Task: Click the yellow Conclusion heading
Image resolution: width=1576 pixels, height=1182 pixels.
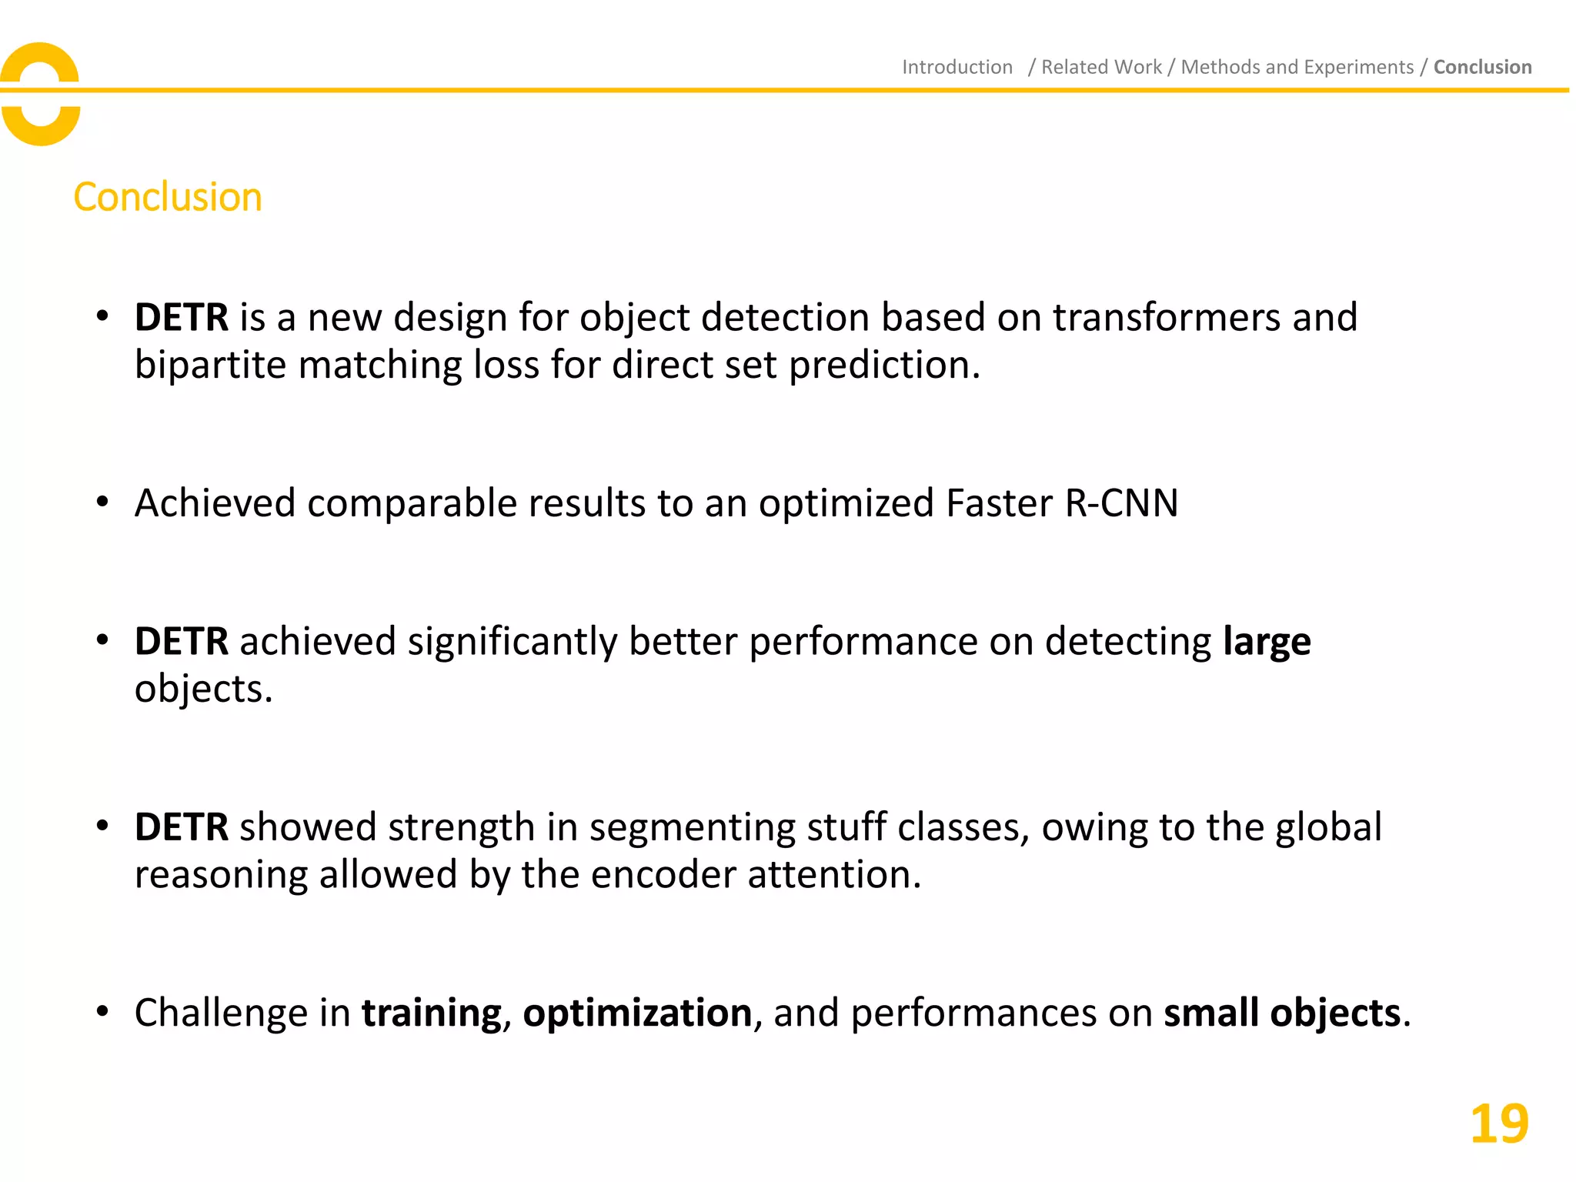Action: pyautogui.click(x=168, y=197)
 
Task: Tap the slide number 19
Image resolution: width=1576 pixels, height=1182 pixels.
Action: pyautogui.click(x=1498, y=1124)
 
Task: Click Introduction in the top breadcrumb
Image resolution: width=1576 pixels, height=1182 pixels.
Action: pyautogui.click(x=957, y=67)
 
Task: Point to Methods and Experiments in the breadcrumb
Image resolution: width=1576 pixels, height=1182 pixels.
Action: pyautogui.click(x=1297, y=67)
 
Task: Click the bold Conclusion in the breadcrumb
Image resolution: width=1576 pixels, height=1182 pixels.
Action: pyautogui.click(x=1482, y=67)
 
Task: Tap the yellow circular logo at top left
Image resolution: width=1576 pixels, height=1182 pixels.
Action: pyautogui.click(x=40, y=94)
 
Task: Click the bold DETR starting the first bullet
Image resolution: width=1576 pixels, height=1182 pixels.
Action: pyautogui.click(x=182, y=317)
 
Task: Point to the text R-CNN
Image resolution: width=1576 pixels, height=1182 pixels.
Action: pyautogui.click(x=1121, y=503)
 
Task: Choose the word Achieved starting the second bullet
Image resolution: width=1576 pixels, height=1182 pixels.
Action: pyautogui.click(x=215, y=503)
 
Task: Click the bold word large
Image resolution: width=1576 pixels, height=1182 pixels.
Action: pyautogui.click(x=1267, y=642)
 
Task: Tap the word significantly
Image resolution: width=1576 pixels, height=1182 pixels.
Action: pyautogui.click(x=512, y=642)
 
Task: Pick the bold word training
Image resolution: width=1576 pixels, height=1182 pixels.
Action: pyautogui.click(x=431, y=1013)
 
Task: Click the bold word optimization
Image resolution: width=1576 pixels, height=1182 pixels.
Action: pyautogui.click(x=637, y=1013)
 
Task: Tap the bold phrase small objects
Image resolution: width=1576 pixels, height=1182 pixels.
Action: pyautogui.click(x=1281, y=1013)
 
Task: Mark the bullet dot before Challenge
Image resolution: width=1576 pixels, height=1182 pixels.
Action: pyautogui.click(x=102, y=1011)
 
